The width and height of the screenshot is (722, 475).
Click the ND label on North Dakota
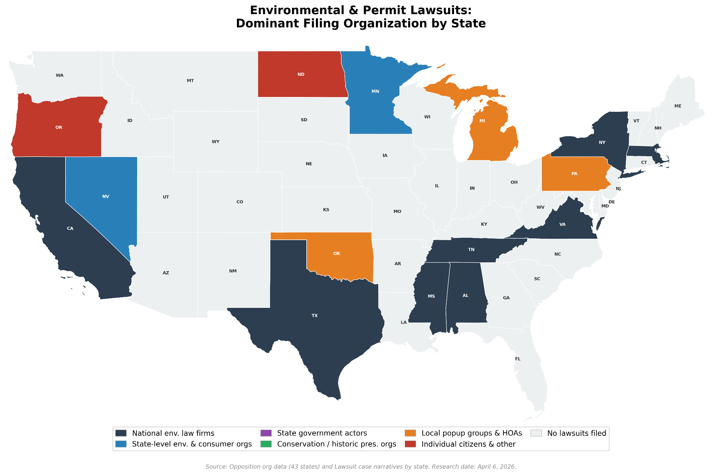pos(301,74)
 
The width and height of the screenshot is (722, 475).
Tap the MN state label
pos(375,91)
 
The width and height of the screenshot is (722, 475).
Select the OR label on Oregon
pos(59,127)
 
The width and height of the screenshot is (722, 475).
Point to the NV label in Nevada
pos(105,196)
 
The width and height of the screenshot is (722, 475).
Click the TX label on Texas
pos(314,316)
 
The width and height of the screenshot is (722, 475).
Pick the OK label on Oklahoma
pos(336,254)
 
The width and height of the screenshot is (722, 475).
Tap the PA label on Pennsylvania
pos(574,174)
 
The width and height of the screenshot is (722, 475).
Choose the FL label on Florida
pos(518,359)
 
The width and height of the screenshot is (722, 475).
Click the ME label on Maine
pos(678,106)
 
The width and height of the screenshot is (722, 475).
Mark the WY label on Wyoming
pos(215,142)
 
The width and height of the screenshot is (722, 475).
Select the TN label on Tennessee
pos(471,250)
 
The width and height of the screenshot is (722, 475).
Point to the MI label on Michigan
pos(482,121)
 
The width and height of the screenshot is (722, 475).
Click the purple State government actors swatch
pos(266,433)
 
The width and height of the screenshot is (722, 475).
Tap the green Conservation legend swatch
pos(266,444)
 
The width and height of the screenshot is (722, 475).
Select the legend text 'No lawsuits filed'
pos(576,433)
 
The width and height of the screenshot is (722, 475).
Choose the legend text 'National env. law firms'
pos(173,433)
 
